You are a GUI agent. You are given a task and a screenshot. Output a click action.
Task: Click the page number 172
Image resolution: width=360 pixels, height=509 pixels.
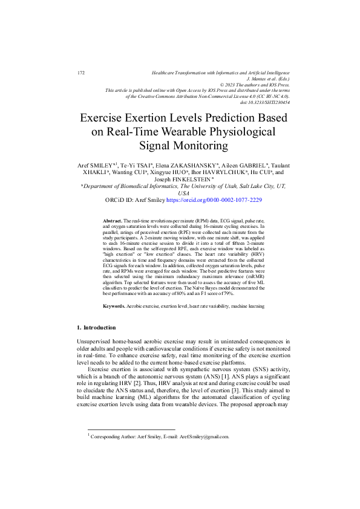tap(81, 73)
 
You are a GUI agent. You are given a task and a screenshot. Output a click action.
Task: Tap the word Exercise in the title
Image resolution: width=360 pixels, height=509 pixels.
tap(106, 117)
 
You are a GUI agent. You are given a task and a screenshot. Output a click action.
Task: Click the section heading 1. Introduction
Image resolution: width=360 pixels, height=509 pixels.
tap(96, 327)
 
